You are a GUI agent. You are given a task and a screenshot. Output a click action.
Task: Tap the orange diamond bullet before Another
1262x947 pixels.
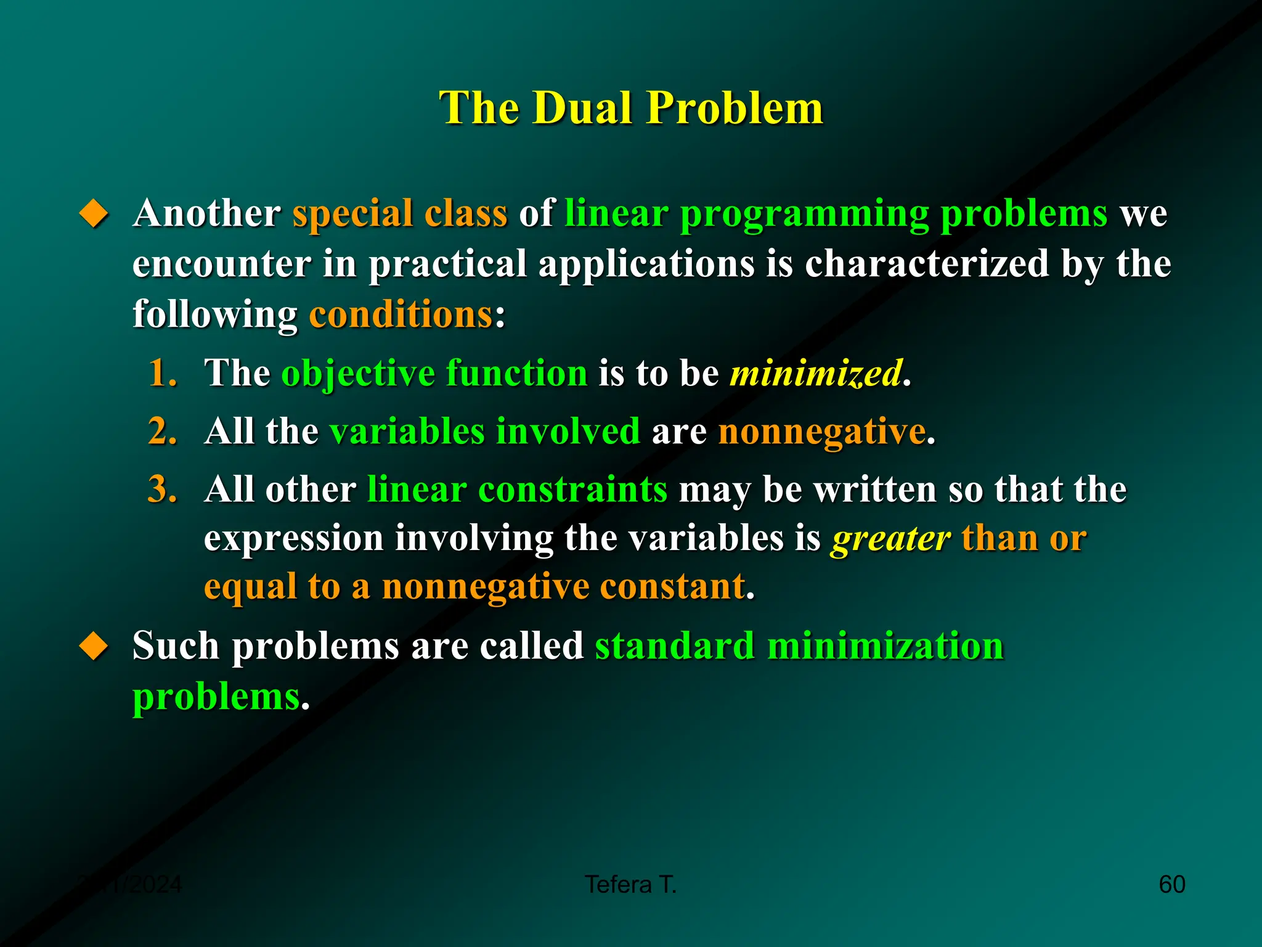tap(94, 213)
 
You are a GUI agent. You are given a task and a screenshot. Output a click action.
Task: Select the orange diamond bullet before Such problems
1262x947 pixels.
tap(94, 646)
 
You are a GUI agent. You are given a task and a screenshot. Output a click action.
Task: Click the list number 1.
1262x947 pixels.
tap(163, 373)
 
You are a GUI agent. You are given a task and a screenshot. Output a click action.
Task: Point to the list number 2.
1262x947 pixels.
tap(163, 431)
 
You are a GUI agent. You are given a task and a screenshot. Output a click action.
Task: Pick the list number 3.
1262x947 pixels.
tap(163, 490)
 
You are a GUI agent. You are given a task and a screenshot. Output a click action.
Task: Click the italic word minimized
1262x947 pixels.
tap(816, 373)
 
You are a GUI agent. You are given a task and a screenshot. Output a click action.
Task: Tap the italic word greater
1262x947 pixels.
tap(890, 538)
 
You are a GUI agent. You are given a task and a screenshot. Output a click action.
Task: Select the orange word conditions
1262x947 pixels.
tap(401, 314)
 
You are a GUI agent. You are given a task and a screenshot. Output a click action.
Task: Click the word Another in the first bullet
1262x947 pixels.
tap(207, 213)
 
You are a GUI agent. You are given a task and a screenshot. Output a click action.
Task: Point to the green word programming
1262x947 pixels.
tap(804, 215)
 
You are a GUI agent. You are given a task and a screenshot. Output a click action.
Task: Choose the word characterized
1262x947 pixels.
tap(927, 264)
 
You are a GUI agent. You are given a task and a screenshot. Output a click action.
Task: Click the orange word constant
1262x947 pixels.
tap(672, 586)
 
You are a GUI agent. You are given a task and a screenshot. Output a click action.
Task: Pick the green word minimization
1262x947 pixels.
tap(885, 646)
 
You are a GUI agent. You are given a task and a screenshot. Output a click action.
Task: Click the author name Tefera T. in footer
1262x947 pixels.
tap(630, 885)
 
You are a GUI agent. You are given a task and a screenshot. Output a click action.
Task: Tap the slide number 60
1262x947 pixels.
tap(1171, 885)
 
